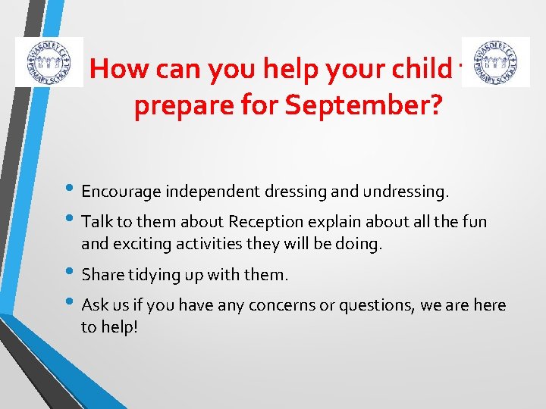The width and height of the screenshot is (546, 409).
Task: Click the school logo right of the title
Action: tap(495, 61)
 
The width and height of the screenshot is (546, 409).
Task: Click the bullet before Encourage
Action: tap(72, 192)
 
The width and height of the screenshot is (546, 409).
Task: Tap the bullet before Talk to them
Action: tap(72, 222)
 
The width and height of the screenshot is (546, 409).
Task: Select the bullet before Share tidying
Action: tap(72, 274)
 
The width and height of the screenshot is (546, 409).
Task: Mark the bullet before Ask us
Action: tap(72, 304)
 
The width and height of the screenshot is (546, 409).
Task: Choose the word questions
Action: tap(364, 305)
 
